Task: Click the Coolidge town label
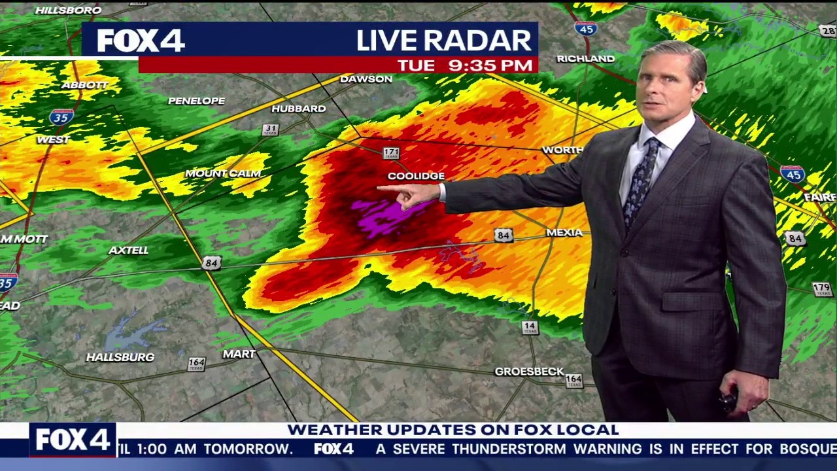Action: [416, 176]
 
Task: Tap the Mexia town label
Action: [564, 233]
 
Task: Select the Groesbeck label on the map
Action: [529, 372]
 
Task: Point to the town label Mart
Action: [239, 354]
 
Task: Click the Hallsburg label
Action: [120, 357]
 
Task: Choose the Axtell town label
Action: [128, 250]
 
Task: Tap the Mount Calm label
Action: [223, 173]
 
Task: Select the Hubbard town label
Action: [298, 109]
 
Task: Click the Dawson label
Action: [366, 79]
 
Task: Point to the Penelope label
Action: [196, 101]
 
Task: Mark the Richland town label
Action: [585, 59]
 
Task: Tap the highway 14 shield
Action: [530, 327]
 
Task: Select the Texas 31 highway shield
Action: [271, 130]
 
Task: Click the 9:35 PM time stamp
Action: [490, 65]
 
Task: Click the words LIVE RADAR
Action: [443, 41]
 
